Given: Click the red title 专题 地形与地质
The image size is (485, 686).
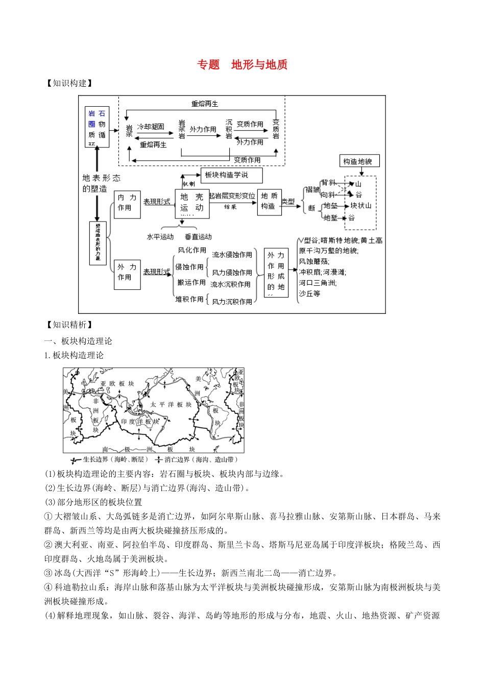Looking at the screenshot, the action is [x=243, y=65].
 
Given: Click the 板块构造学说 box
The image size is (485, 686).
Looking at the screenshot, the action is [x=231, y=175].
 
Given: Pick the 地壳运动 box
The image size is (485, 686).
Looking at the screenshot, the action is [x=192, y=203].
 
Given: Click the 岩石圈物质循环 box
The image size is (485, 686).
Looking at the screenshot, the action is [x=96, y=127].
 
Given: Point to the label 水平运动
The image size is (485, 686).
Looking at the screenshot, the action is [x=160, y=237].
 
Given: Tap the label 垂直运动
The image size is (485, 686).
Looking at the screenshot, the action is [x=198, y=237].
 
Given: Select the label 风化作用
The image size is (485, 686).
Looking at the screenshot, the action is [x=192, y=250].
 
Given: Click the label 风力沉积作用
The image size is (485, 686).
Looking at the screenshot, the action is [x=232, y=302].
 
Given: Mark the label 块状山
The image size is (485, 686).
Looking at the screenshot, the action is [x=361, y=206].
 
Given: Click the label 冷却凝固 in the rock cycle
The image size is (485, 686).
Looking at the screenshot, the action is [x=151, y=127].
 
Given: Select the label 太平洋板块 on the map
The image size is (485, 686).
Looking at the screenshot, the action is [x=171, y=405].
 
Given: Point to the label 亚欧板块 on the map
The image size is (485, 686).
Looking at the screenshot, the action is [x=117, y=384].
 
